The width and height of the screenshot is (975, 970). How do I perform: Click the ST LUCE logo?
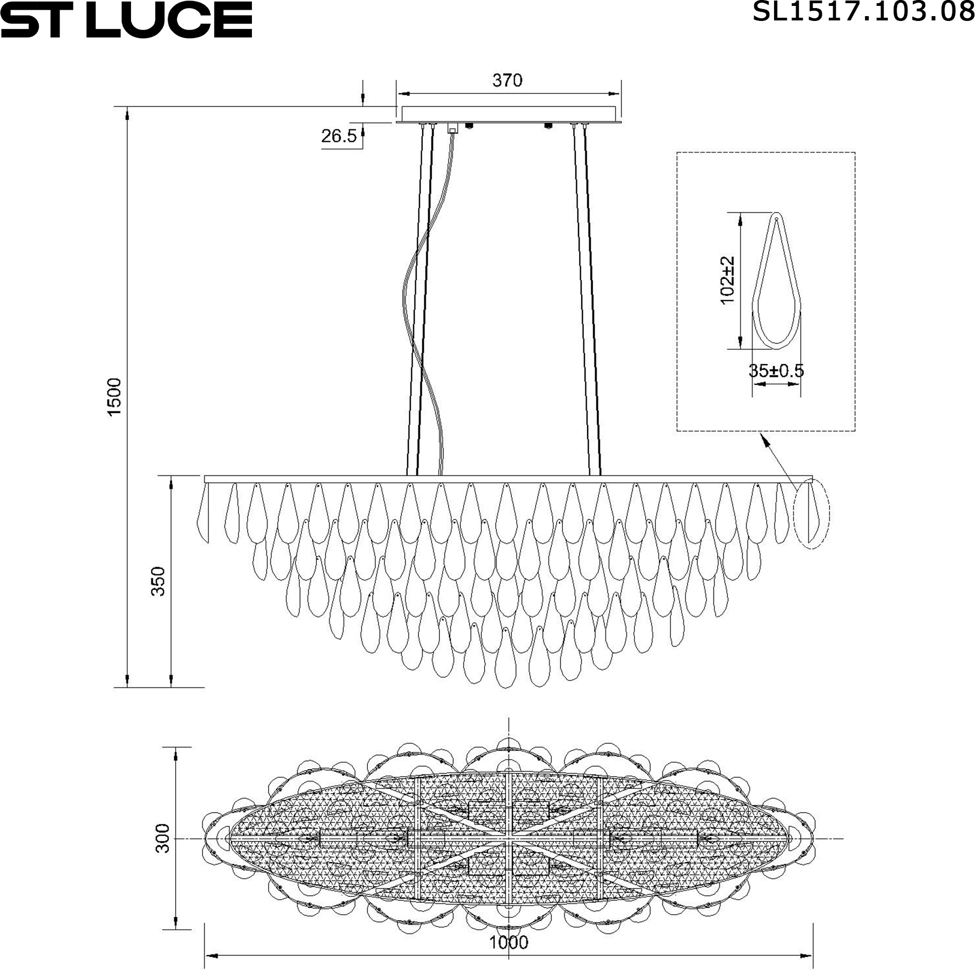pos(126,19)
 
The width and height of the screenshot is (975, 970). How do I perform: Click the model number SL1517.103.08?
pos(863,12)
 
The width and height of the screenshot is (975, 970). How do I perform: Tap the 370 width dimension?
pos(507,81)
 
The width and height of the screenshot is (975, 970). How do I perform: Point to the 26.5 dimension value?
pos(339,136)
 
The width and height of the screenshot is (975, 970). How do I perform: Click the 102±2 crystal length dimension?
pos(727,280)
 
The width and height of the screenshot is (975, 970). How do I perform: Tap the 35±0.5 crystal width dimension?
pos(776,371)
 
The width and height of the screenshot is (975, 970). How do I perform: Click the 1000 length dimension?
pos(508,942)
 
